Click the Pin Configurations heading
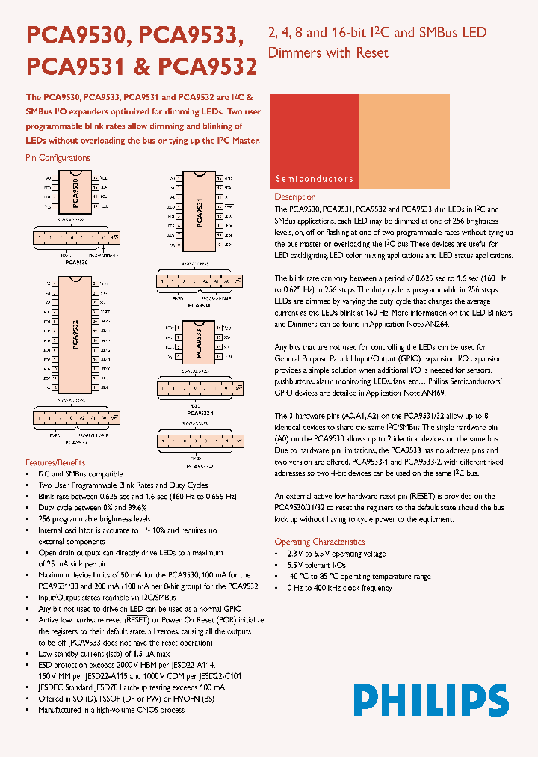click(x=58, y=158)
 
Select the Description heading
click(x=295, y=197)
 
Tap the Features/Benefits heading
click(x=55, y=462)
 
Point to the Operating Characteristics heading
click(x=319, y=542)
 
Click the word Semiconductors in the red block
click(x=314, y=179)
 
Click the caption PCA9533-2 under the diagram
click(x=200, y=466)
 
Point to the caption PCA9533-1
click(x=200, y=413)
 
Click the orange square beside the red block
click(x=404, y=141)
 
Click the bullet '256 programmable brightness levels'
click(x=94, y=518)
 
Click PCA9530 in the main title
click(x=81, y=37)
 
